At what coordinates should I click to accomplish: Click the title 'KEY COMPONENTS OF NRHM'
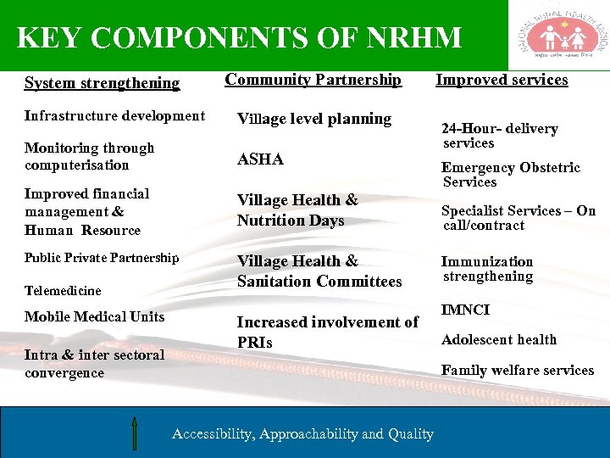click(239, 38)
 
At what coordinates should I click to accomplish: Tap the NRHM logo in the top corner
click(559, 35)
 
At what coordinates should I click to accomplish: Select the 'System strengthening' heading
click(102, 83)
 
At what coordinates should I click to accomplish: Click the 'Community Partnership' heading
click(313, 80)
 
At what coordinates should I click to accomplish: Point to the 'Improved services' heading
click(502, 80)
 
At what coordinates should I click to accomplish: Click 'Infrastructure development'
click(114, 115)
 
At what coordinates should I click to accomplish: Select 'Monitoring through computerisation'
click(90, 156)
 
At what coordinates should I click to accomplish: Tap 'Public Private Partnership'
click(102, 257)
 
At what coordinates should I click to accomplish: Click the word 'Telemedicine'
click(63, 291)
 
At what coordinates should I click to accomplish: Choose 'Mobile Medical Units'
click(95, 316)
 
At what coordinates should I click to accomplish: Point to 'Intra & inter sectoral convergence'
click(94, 364)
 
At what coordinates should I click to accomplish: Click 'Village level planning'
click(314, 119)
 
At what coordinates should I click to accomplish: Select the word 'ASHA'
click(260, 159)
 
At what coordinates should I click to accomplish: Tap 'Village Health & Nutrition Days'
click(297, 210)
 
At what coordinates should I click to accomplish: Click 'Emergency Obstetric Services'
click(511, 175)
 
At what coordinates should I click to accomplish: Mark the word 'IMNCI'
click(465, 310)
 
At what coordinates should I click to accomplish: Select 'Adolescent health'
click(499, 339)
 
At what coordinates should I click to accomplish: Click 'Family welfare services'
click(518, 370)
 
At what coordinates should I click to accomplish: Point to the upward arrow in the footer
click(135, 432)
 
